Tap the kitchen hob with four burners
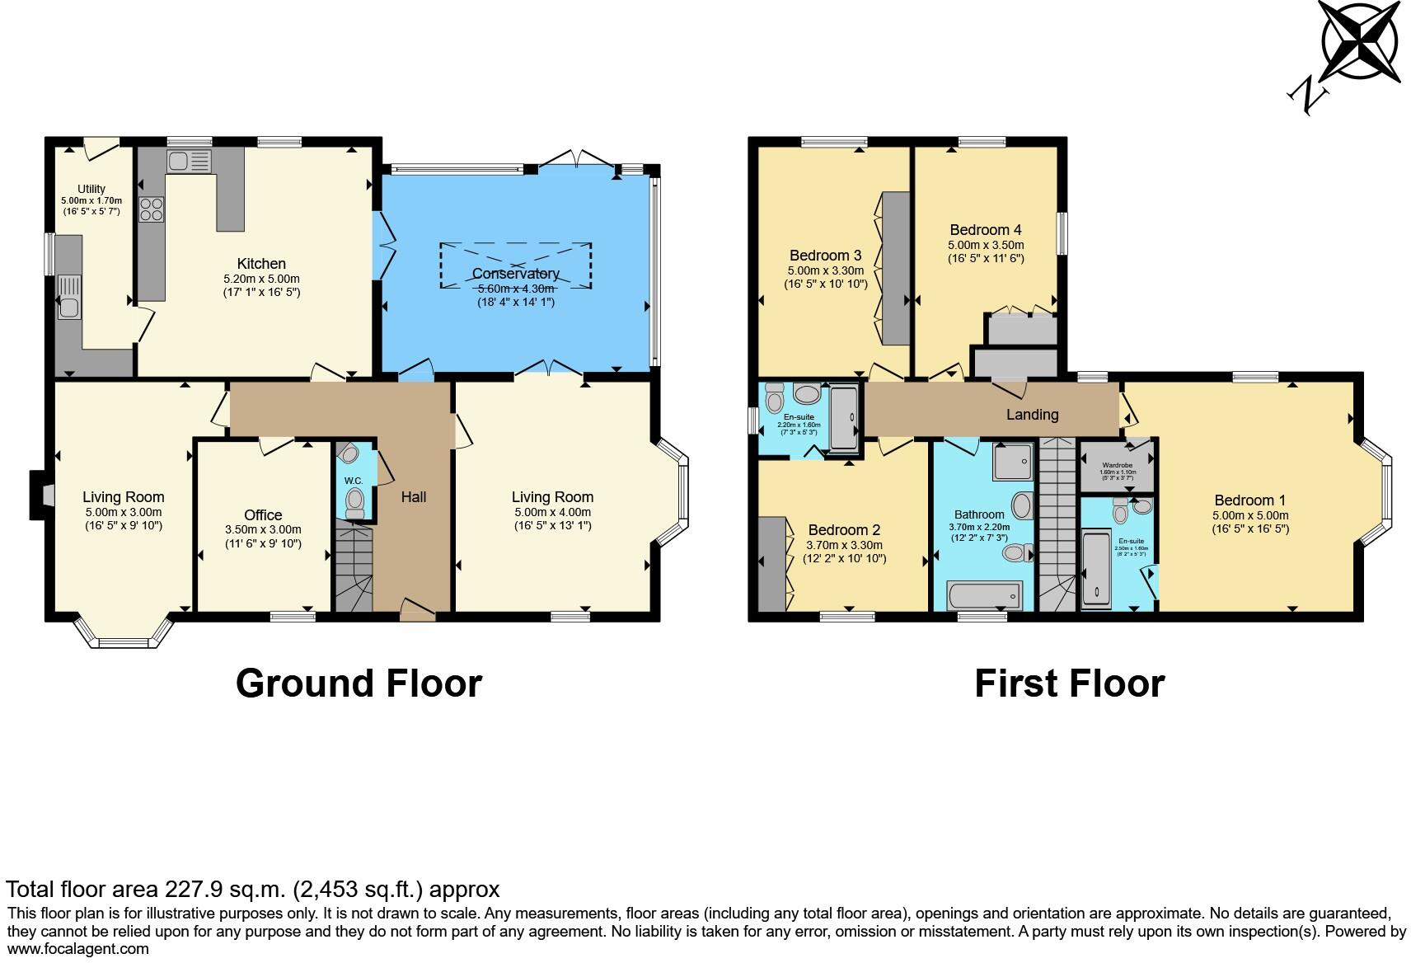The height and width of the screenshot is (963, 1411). (x=152, y=209)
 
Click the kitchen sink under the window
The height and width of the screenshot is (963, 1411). (x=189, y=160)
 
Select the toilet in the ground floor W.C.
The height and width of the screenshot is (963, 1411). (x=355, y=500)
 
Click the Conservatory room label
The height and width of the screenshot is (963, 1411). (x=515, y=274)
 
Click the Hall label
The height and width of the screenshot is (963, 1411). (x=413, y=497)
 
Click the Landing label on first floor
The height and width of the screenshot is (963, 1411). (x=1032, y=415)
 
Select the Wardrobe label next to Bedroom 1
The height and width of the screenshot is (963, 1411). (x=1117, y=465)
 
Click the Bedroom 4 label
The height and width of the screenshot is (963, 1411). (x=985, y=230)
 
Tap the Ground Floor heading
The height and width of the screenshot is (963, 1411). (x=359, y=683)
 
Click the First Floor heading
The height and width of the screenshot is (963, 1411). (x=1069, y=683)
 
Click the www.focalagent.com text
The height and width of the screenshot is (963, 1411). (x=77, y=949)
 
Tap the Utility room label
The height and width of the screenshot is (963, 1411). (x=91, y=189)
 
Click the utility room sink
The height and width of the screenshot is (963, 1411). (x=68, y=307)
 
